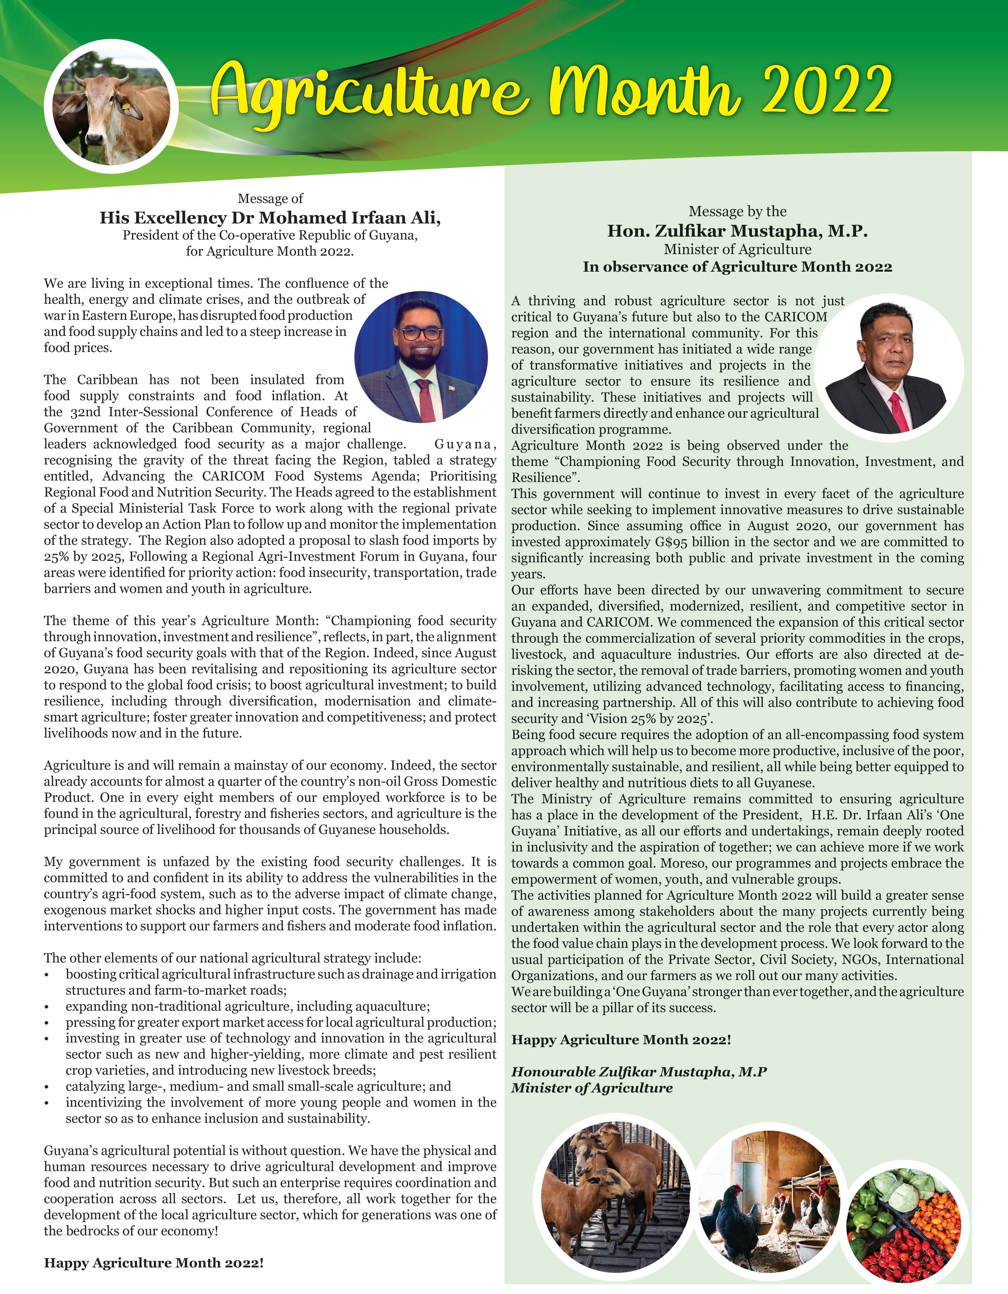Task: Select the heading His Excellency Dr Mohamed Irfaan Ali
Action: click(x=270, y=218)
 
